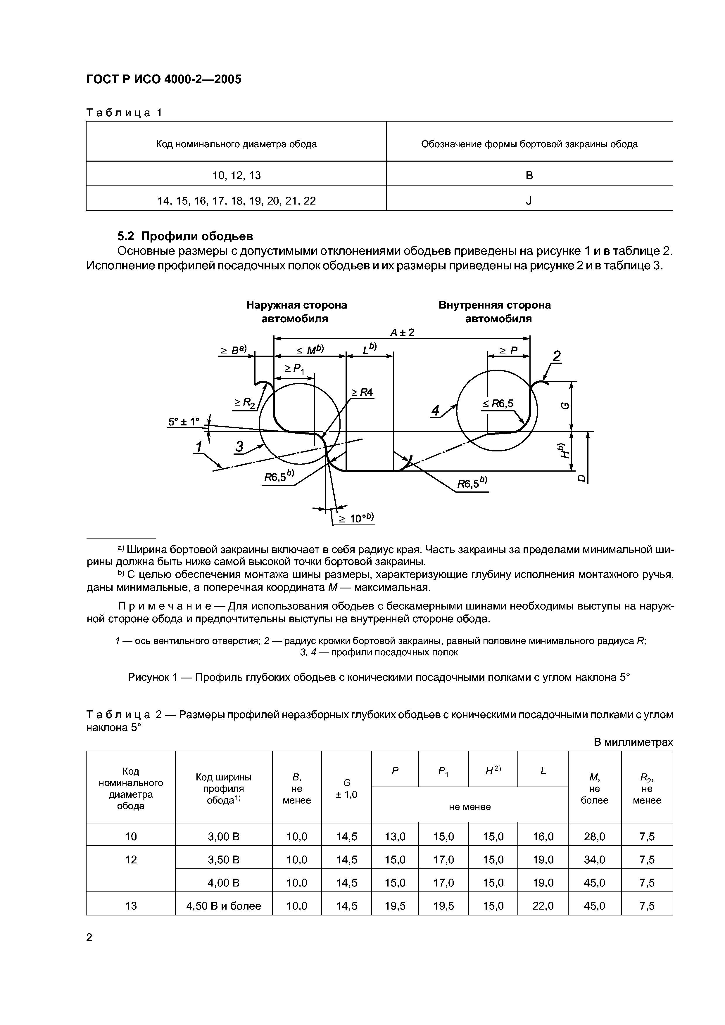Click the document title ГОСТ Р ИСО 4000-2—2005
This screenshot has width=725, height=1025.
(163, 79)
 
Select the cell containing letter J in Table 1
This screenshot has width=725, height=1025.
(529, 201)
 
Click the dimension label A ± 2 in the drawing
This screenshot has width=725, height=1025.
(402, 333)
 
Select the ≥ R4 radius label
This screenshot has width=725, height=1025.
(362, 392)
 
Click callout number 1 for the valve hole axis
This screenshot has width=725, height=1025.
(199, 446)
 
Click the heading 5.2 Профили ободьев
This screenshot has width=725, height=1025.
(185, 236)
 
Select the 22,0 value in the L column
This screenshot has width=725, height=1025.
(543, 906)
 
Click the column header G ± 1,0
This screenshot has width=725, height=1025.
(347, 788)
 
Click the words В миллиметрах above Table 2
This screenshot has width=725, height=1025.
(633, 742)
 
